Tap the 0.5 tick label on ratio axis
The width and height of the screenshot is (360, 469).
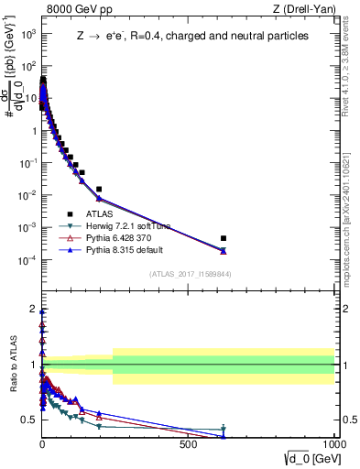tap(29, 420)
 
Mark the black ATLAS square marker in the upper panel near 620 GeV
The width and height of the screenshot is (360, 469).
tap(224, 238)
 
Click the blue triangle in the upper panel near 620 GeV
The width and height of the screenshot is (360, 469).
tap(224, 251)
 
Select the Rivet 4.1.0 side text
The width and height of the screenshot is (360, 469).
tap(352, 69)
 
